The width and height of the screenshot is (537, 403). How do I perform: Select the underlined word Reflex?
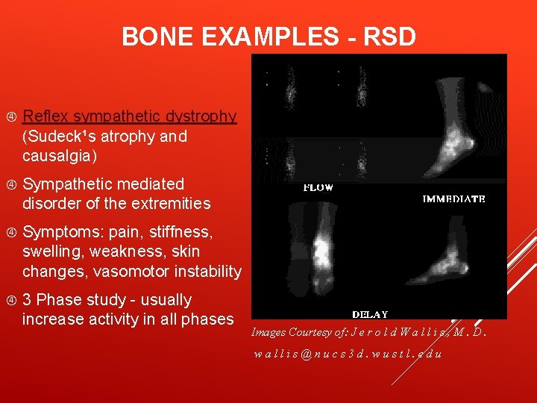click(x=45, y=116)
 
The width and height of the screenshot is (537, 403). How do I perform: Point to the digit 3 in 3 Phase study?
click(x=27, y=300)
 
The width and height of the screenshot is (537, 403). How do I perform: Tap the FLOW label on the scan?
click(x=318, y=188)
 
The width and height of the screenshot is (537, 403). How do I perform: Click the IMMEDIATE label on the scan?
click(x=453, y=199)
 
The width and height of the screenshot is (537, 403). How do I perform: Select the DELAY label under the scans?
click(x=369, y=314)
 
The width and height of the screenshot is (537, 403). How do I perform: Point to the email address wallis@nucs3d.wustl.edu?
click(x=348, y=353)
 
